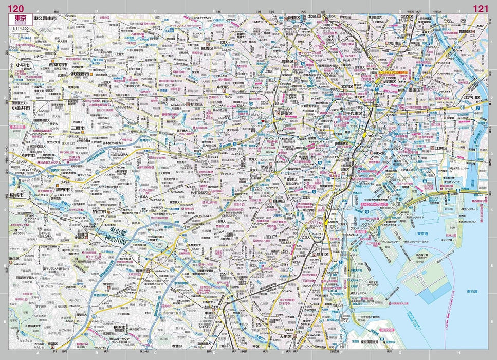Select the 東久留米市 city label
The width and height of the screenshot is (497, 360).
click(x=46, y=19)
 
